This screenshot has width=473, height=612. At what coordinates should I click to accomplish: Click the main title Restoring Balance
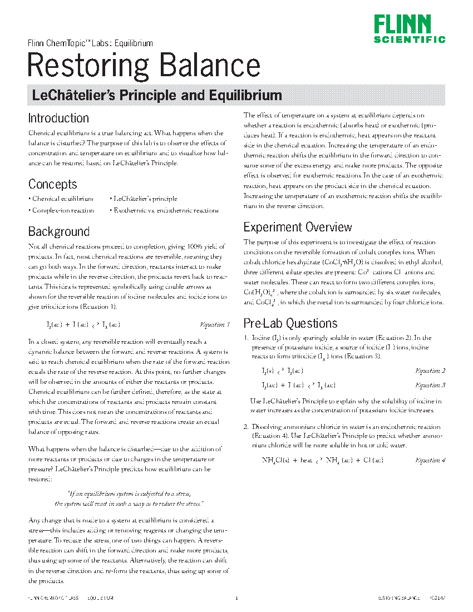(x=144, y=65)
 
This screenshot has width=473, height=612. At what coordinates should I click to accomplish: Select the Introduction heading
(x=58, y=119)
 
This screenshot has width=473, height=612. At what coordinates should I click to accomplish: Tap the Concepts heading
(x=52, y=184)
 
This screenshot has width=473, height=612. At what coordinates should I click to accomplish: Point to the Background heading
(x=58, y=231)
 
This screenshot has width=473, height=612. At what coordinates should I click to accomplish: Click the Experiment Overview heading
(x=298, y=227)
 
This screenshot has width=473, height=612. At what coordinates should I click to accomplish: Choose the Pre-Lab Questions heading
(x=290, y=323)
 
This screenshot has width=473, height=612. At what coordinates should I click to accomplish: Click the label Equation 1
(x=215, y=324)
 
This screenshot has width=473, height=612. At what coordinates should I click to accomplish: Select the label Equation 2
(x=430, y=371)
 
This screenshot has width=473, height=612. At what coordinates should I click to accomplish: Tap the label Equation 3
(x=430, y=385)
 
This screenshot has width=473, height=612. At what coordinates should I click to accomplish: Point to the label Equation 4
(x=430, y=461)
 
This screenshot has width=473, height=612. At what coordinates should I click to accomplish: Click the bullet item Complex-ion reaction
(x=63, y=211)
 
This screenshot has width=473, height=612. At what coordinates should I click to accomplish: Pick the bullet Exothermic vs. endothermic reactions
(x=166, y=211)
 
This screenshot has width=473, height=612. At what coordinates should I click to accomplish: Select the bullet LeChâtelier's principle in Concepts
(x=145, y=199)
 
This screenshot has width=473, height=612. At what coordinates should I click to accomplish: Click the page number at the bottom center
(x=237, y=599)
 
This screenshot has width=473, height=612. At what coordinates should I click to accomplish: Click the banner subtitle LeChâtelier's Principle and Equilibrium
(x=157, y=95)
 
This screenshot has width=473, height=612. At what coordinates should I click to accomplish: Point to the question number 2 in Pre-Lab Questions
(x=245, y=427)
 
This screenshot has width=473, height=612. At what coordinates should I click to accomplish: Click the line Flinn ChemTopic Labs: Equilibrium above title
(x=90, y=43)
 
